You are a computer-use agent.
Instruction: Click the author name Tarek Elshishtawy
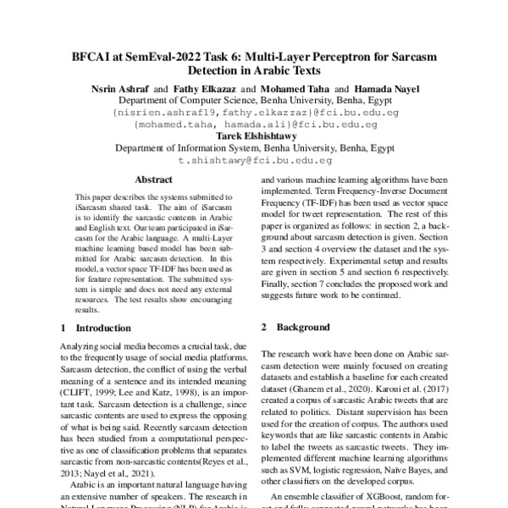[253, 135]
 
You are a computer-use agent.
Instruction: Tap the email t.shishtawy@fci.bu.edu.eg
[254, 159]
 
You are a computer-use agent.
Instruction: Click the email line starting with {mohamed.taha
[254, 123]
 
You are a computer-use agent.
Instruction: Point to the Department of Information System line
[254, 146]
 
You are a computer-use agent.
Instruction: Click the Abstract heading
[153, 180]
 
